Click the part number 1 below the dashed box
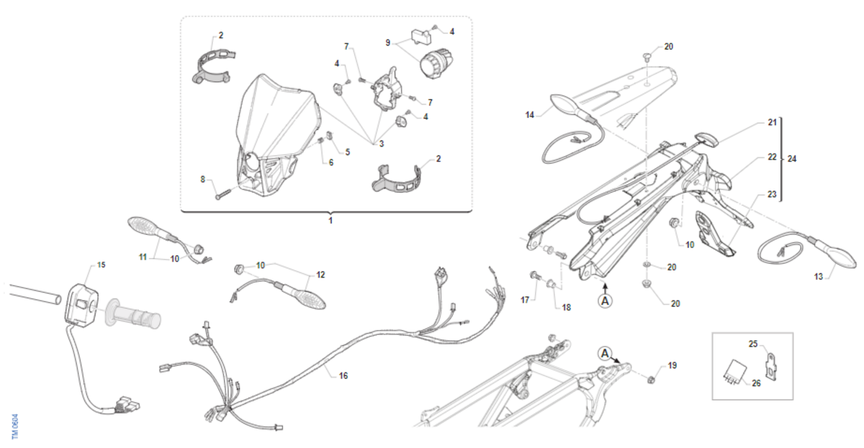click(330, 220)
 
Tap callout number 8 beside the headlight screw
click(203, 178)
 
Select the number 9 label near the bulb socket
click(388, 42)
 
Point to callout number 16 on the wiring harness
click(343, 375)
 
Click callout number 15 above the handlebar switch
click(101, 265)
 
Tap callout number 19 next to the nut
click(672, 365)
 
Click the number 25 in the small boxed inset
click(753, 344)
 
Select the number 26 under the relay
click(756, 383)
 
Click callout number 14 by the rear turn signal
click(530, 114)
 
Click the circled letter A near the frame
click(606, 352)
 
